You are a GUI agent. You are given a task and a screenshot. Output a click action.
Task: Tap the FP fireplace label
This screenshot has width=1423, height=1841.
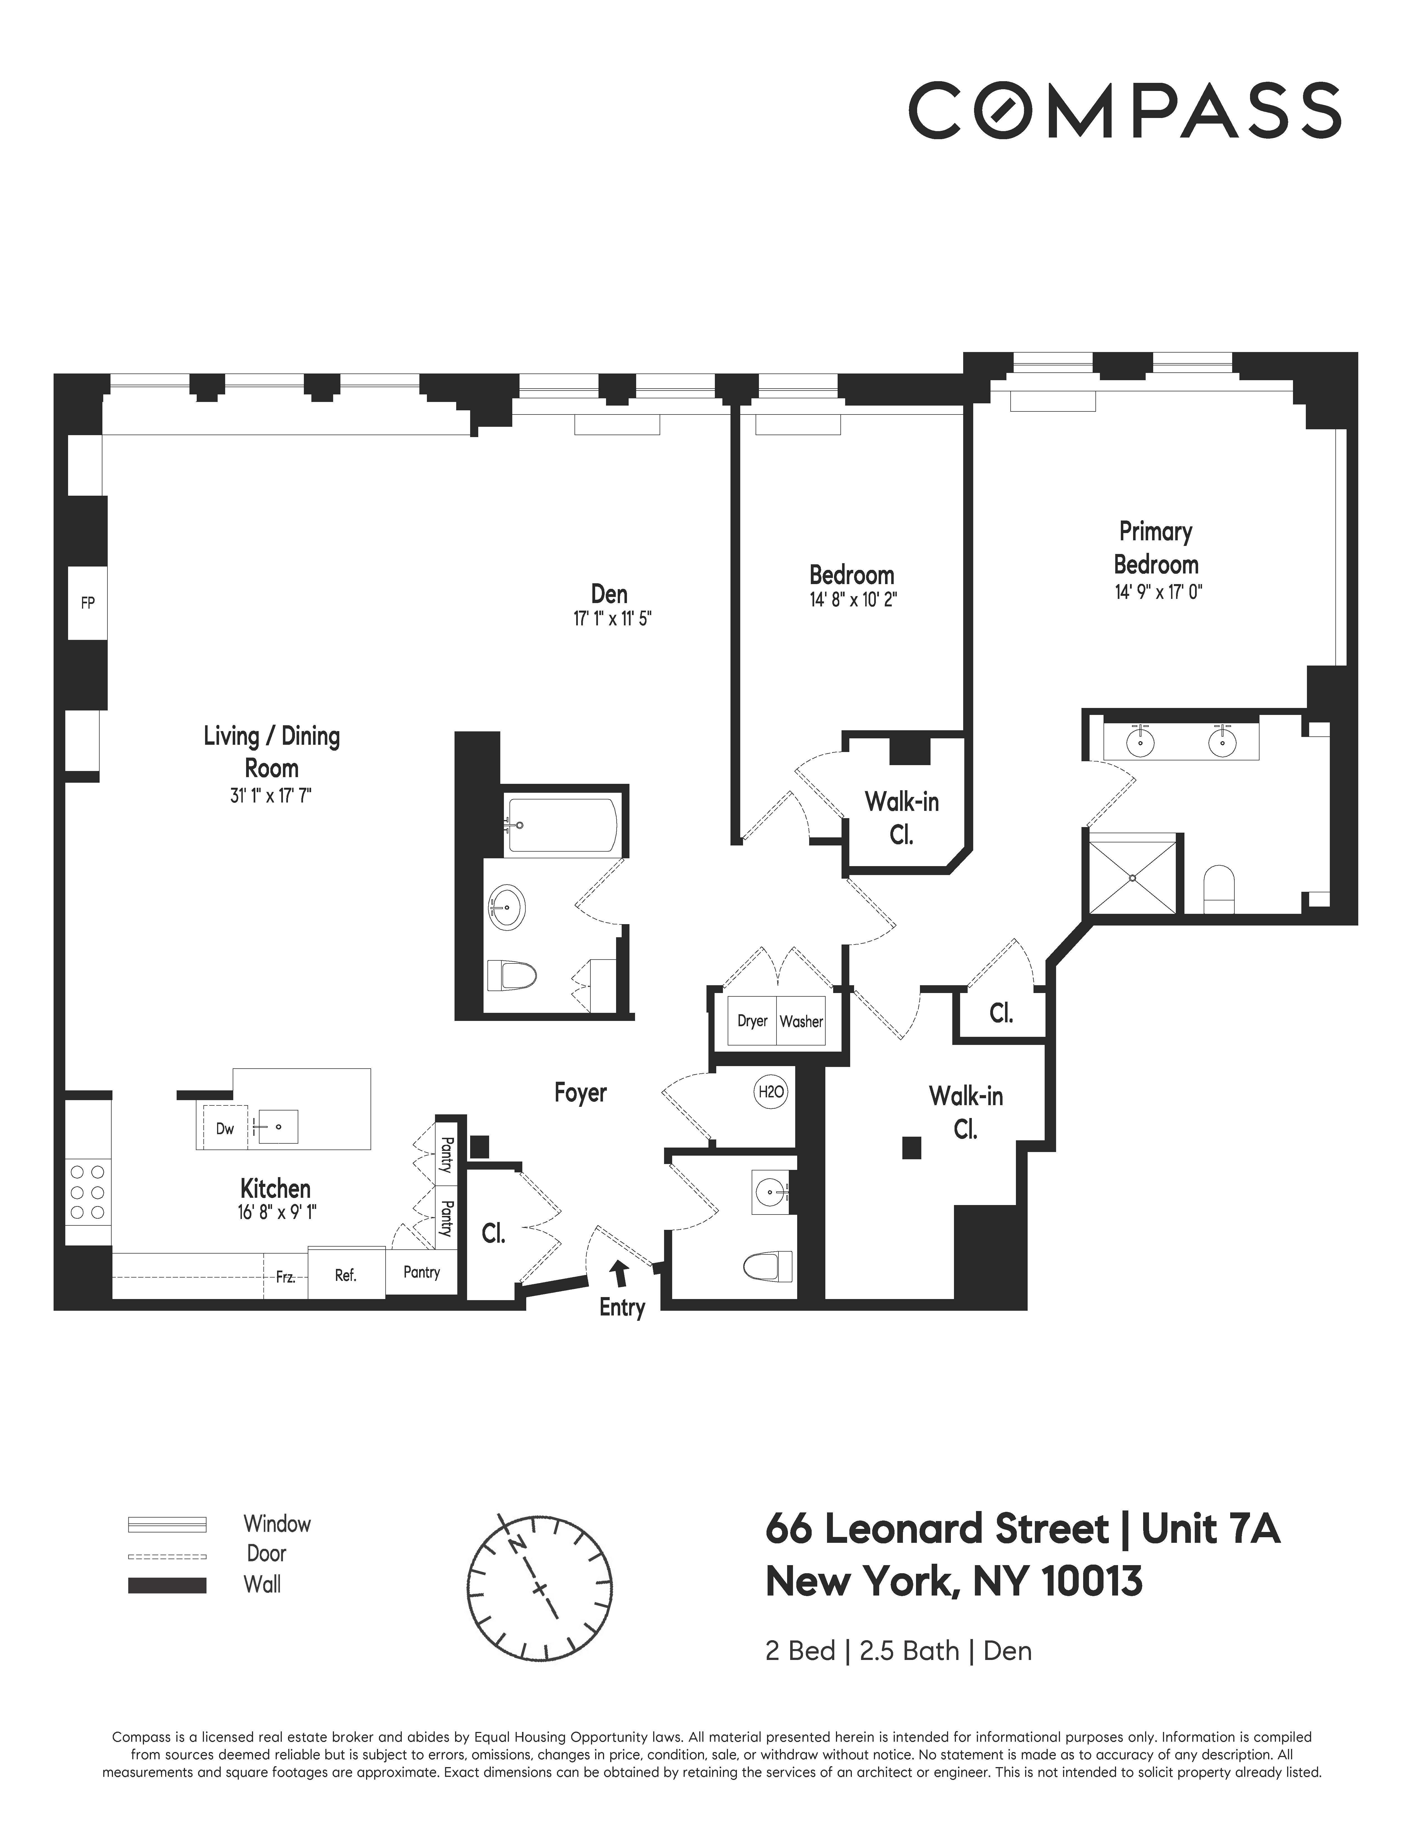(88, 603)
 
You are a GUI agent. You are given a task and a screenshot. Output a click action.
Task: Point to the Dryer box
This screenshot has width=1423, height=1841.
(752, 1021)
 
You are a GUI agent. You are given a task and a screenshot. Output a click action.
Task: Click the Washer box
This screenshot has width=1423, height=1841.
(801, 1021)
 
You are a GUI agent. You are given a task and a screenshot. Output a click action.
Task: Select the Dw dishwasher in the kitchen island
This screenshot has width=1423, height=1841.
(224, 1128)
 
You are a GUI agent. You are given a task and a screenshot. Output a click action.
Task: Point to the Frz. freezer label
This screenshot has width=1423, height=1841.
(286, 1277)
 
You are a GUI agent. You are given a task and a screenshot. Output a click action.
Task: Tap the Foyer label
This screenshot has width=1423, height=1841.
(580, 1092)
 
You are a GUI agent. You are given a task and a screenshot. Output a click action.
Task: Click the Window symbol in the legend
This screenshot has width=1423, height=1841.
(167, 1524)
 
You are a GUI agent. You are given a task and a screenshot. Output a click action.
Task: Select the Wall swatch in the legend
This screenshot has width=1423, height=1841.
(167, 1585)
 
